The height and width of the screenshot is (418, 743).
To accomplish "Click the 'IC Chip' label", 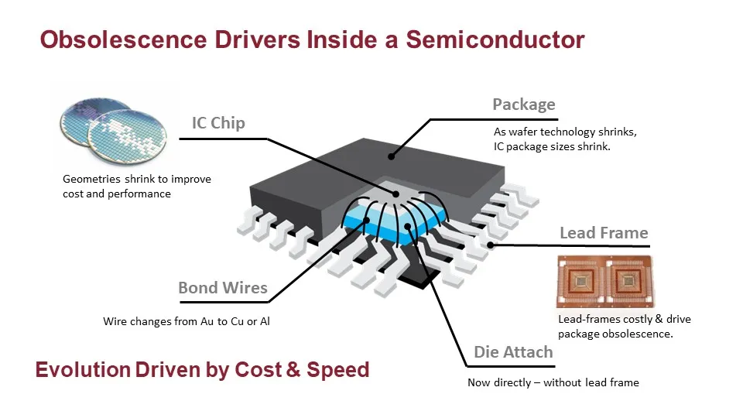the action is (218, 123).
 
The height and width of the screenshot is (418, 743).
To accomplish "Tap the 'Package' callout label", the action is (524, 104).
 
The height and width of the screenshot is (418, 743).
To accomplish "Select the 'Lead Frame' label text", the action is (604, 233).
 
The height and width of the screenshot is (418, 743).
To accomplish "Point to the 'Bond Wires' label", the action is (223, 288).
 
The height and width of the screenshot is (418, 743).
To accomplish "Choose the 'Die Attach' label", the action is (513, 352).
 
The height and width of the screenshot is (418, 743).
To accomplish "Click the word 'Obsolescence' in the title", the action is (123, 39).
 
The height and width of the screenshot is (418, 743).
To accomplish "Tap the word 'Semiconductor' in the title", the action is (495, 39).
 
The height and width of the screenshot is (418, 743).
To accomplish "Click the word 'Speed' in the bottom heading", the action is (338, 370).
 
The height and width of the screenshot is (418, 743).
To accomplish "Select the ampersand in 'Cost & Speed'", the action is (293, 370).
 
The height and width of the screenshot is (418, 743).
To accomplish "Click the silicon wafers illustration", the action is (113, 131).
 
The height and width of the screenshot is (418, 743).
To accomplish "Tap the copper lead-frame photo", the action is (605, 282).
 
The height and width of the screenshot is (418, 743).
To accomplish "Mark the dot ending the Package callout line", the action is (392, 156).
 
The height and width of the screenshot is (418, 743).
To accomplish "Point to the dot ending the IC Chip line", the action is (395, 194).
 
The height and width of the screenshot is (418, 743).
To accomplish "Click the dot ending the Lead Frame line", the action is (491, 245).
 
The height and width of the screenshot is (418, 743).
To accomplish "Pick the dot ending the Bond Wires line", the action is (366, 221).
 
